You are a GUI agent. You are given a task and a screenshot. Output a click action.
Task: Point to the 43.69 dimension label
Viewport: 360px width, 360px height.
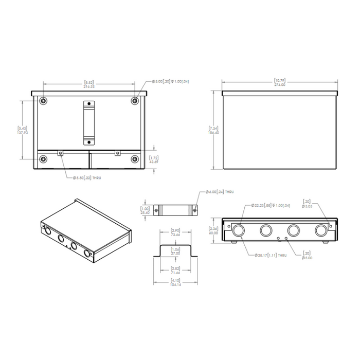click(153, 162)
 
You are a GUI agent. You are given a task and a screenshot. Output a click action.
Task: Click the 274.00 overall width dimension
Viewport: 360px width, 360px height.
click(279, 84)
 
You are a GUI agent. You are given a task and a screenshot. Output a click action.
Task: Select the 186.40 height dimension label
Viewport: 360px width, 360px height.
click(211, 133)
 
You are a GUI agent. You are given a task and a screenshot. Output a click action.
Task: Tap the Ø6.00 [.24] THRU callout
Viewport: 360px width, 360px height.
click(220, 192)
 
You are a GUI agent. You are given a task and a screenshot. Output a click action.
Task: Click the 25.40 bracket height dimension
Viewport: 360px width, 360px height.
click(146, 212)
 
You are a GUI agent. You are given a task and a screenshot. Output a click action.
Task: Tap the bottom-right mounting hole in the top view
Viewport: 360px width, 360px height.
click(135, 159)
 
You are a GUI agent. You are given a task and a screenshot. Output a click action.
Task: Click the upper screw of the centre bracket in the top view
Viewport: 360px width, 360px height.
click(88, 105)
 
